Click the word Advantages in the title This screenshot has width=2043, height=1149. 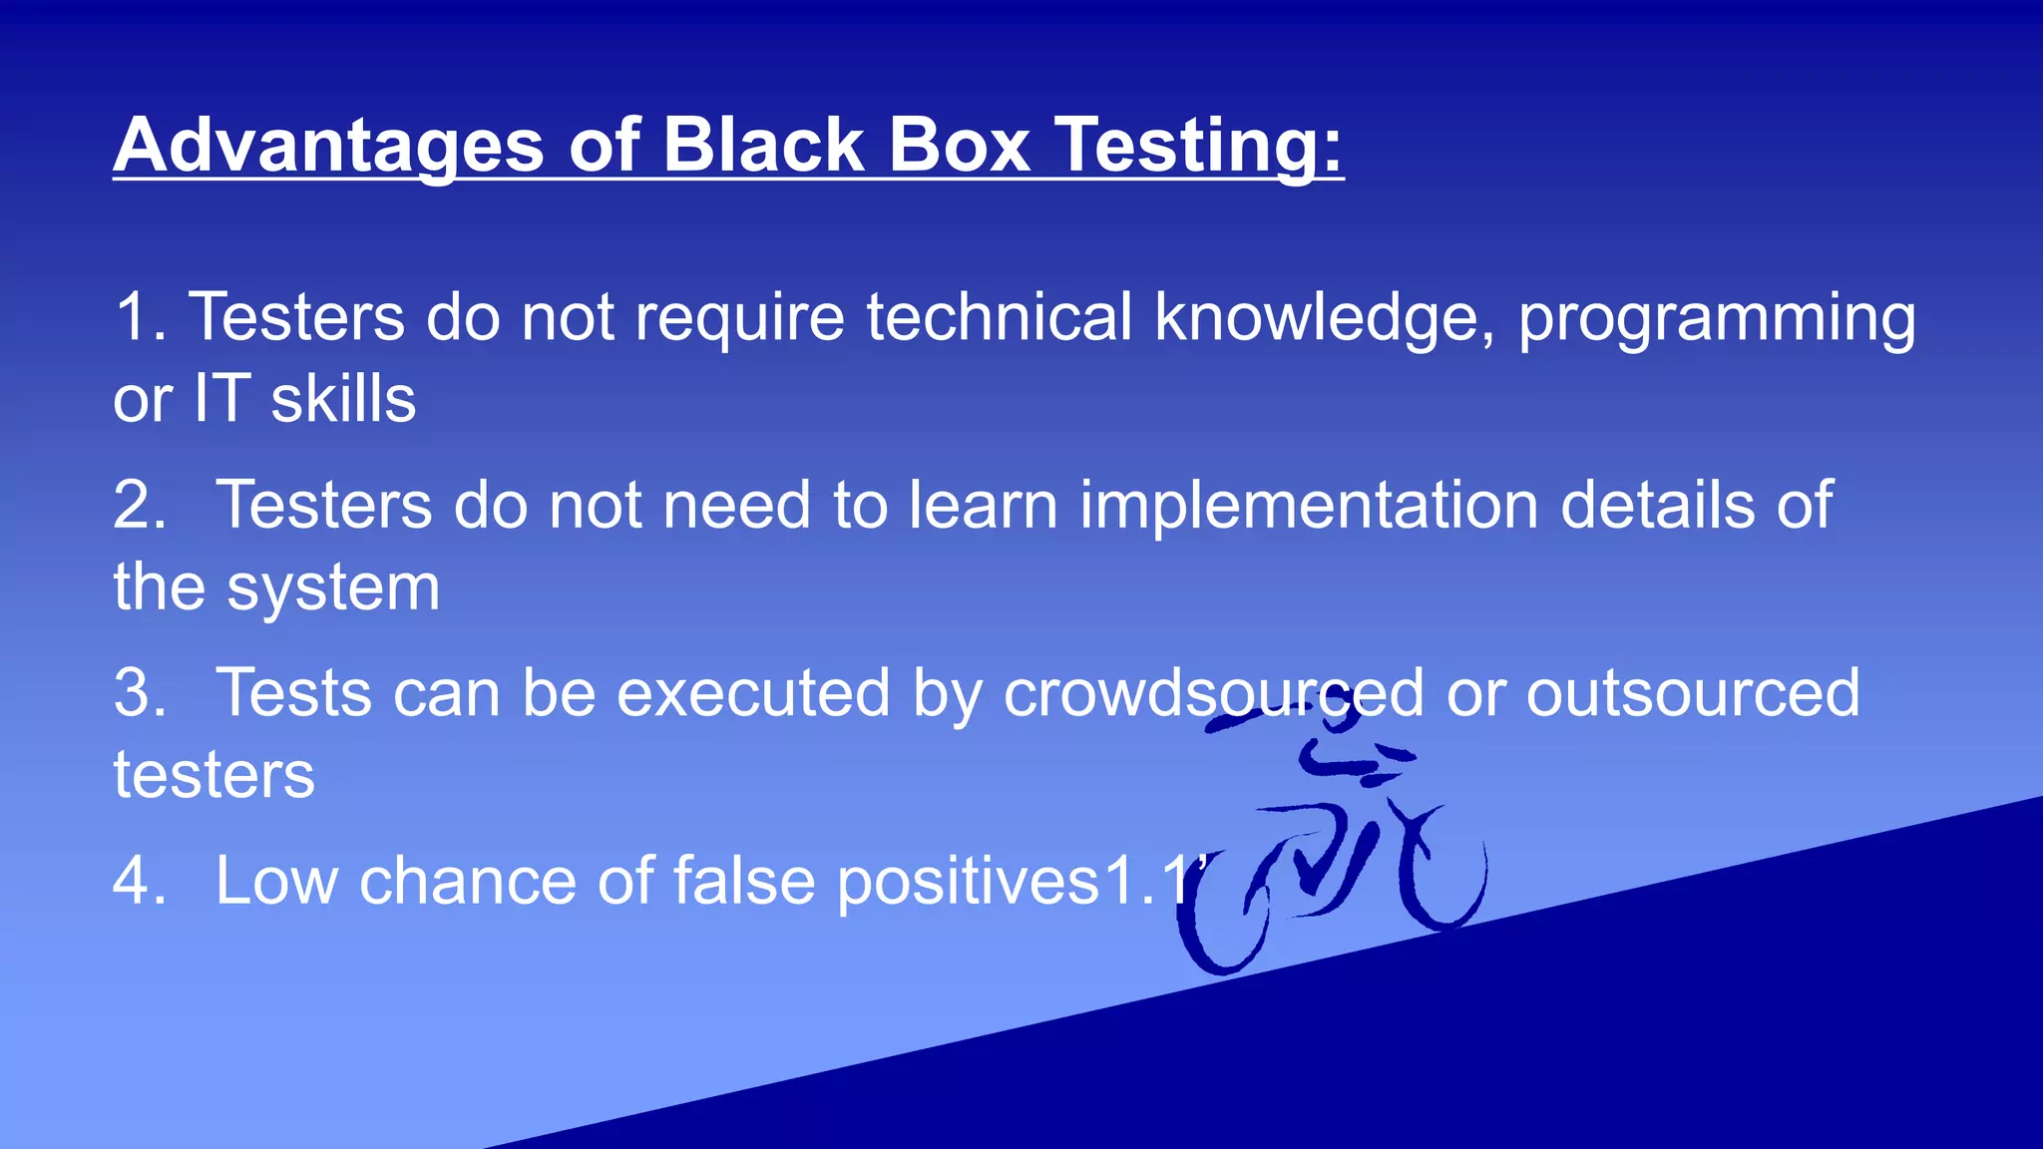[x=328, y=146]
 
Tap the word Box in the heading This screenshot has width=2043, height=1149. [x=958, y=146]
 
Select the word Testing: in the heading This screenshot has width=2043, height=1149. [x=1200, y=146]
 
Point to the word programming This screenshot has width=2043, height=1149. [x=1716, y=318]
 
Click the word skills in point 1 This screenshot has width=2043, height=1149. [x=343, y=399]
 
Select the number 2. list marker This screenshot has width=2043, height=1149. [x=140, y=505]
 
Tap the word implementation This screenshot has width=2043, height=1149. [x=1308, y=505]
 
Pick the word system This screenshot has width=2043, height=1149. [x=333, y=588]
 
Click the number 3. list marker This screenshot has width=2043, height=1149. [x=140, y=692]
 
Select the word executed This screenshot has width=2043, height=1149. [x=753, y=692]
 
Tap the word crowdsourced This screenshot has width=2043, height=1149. [x=1213, y=692]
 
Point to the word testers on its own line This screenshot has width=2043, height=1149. [x=213, y=774]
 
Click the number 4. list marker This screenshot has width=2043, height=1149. [x=140, y=881]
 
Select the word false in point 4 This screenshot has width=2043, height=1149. [x=744, y=881]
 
